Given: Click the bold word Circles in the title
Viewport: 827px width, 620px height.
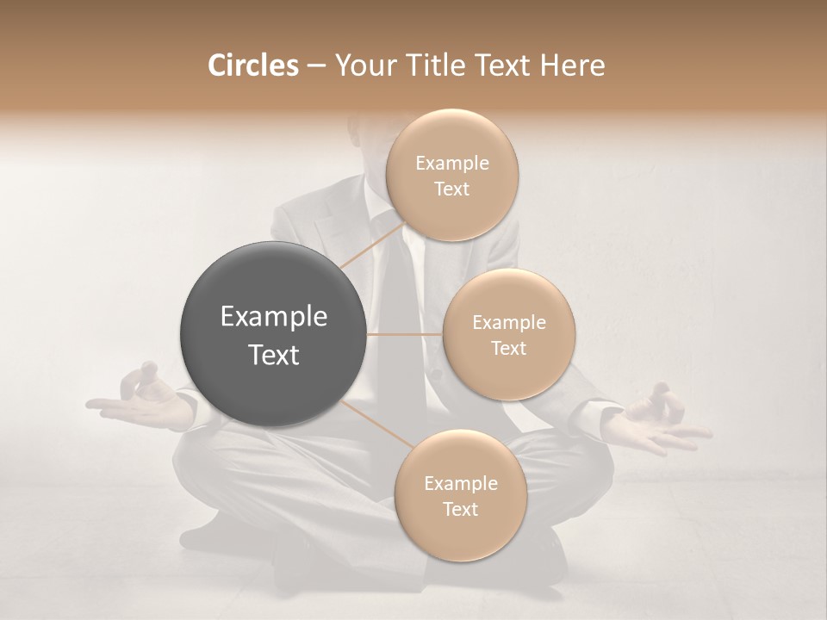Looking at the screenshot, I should [252, 65].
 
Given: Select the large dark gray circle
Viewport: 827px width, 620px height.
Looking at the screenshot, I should [273, 334].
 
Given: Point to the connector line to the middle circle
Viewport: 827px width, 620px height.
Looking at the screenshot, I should [405, 334].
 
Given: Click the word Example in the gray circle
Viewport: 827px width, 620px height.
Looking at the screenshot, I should [274, 317].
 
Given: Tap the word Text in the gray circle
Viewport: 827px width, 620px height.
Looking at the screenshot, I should [274, 355].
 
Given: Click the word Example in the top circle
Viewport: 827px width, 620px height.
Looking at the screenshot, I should [452, 164].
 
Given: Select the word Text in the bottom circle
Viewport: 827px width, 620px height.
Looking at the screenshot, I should [460, 509].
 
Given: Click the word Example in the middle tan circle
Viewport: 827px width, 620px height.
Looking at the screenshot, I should [509, 323].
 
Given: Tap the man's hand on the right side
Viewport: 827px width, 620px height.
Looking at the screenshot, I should [659, 422].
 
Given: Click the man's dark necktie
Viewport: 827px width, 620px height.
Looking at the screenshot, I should [395, 293].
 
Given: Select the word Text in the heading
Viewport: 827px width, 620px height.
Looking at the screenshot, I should [500, 65].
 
